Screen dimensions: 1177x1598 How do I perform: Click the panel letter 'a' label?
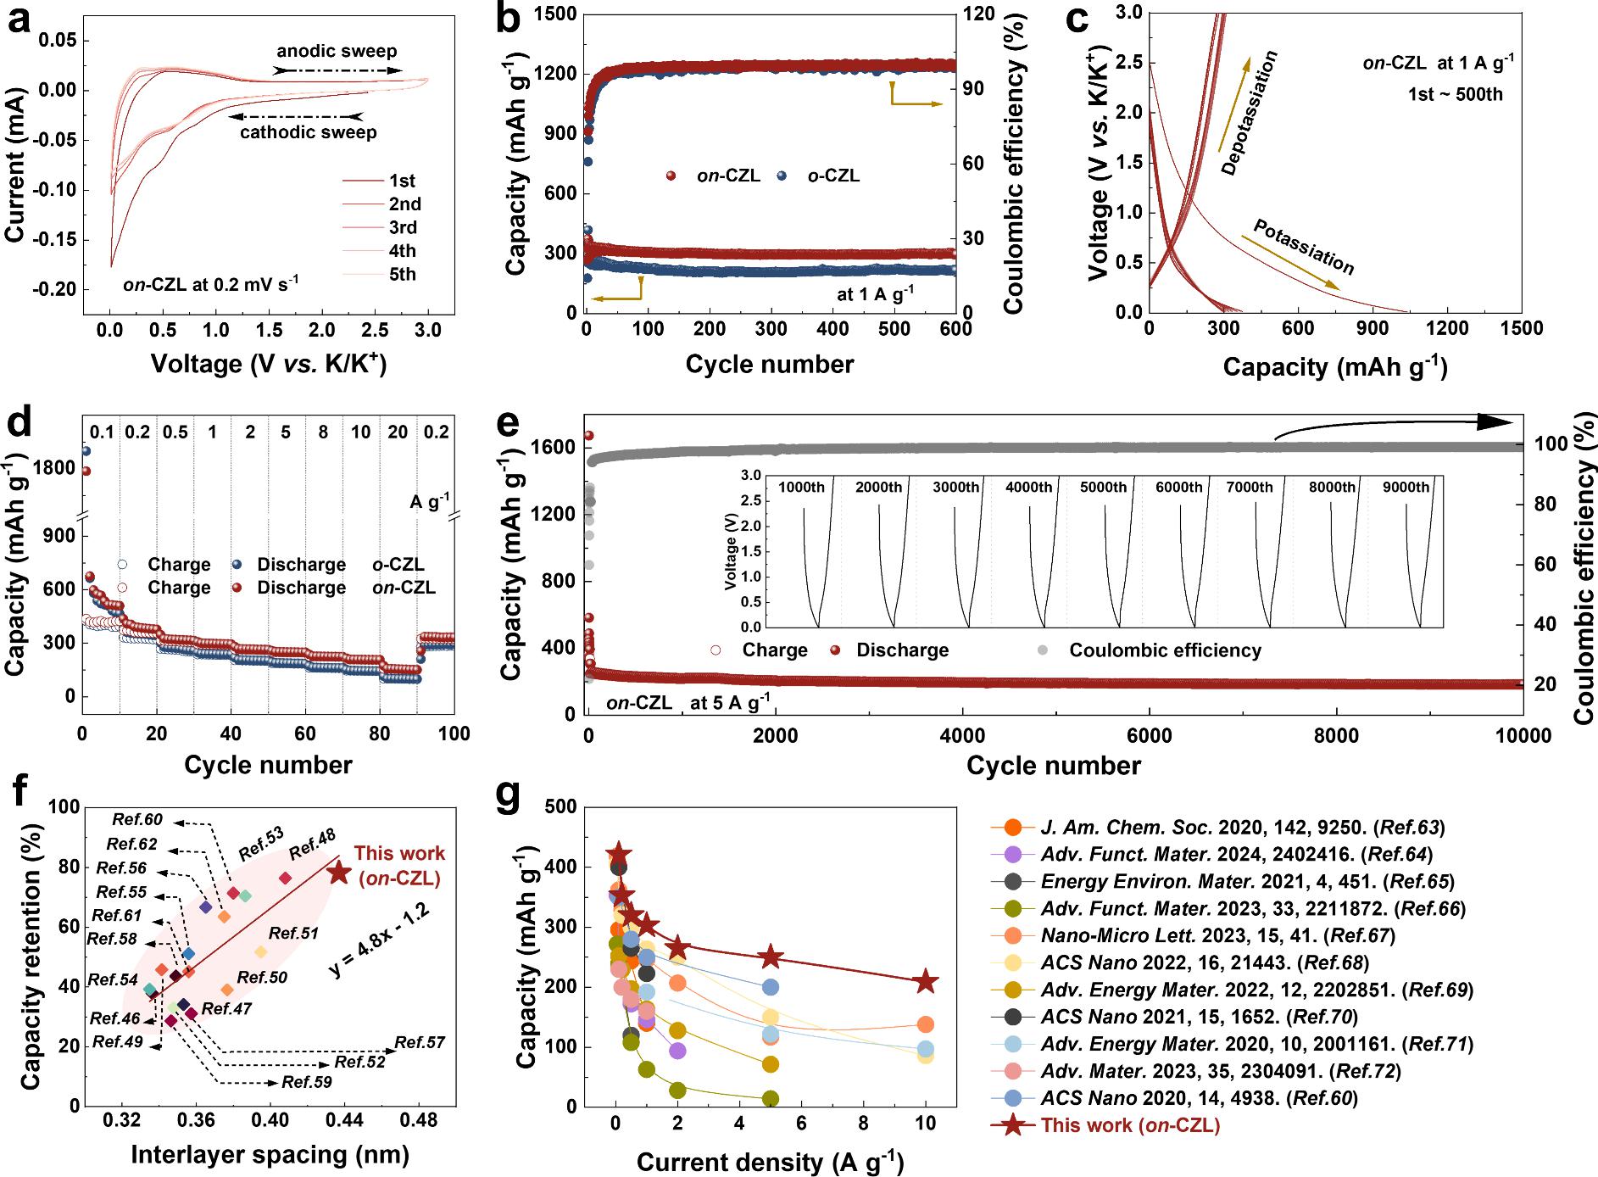[x=20, y=19]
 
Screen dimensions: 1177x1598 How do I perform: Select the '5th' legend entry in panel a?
[x=403, y=274]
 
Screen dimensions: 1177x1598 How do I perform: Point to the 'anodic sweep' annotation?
[x=337, y=51]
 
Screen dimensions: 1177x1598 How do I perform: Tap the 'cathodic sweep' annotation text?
[x=309, y=132]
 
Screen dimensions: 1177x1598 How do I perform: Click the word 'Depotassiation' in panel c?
[x=1249, y=113]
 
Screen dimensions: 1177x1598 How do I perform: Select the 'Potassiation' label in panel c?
[x=1304, y=247]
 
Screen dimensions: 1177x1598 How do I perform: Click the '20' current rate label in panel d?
[x=398, y=432]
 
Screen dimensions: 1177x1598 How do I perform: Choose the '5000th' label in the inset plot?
[x=1104, y=487]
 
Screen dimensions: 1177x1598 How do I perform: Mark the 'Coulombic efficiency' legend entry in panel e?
[x=1165, y=650]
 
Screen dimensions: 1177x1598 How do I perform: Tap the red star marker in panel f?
[x=339, y=872]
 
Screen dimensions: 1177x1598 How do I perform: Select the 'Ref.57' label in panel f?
[x=420, y=1043]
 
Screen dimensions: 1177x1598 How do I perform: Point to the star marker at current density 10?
[x=926, y=981]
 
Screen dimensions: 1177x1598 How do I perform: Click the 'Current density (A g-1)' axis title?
[x=770, y=1162]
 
